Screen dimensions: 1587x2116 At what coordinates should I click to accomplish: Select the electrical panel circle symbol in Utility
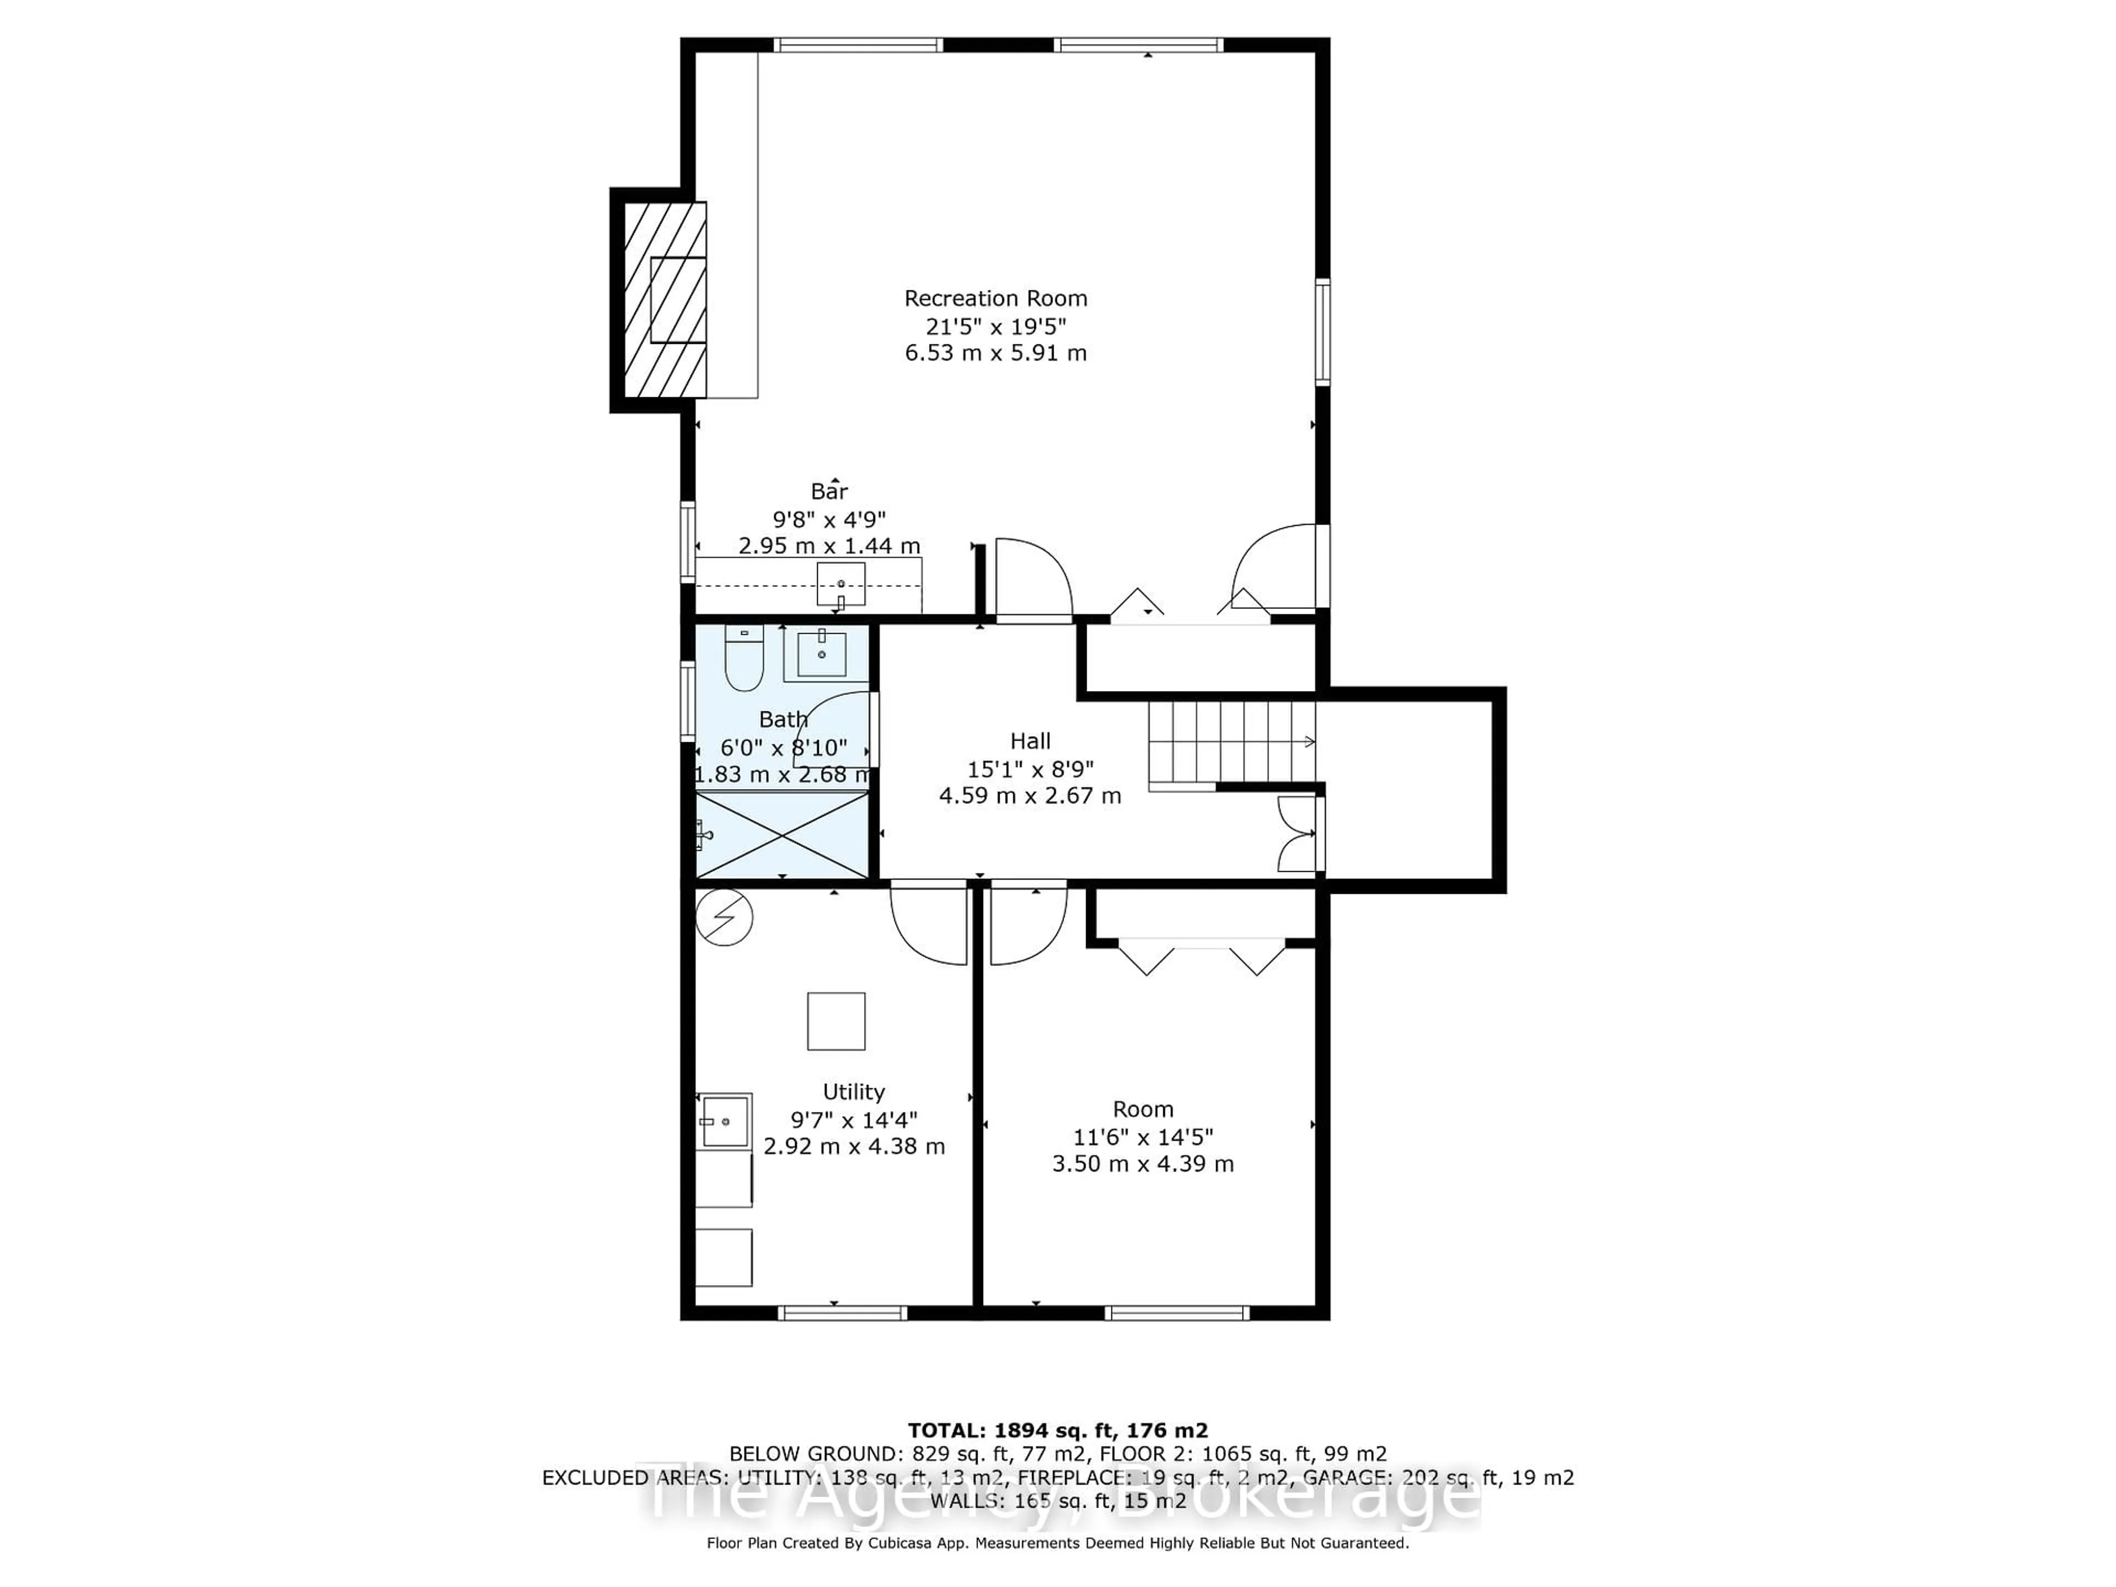[x=724, y=917]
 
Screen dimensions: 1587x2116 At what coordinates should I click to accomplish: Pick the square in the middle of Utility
[x=836, y=1021]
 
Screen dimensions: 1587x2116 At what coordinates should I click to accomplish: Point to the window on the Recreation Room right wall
[x=1322, y=331]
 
